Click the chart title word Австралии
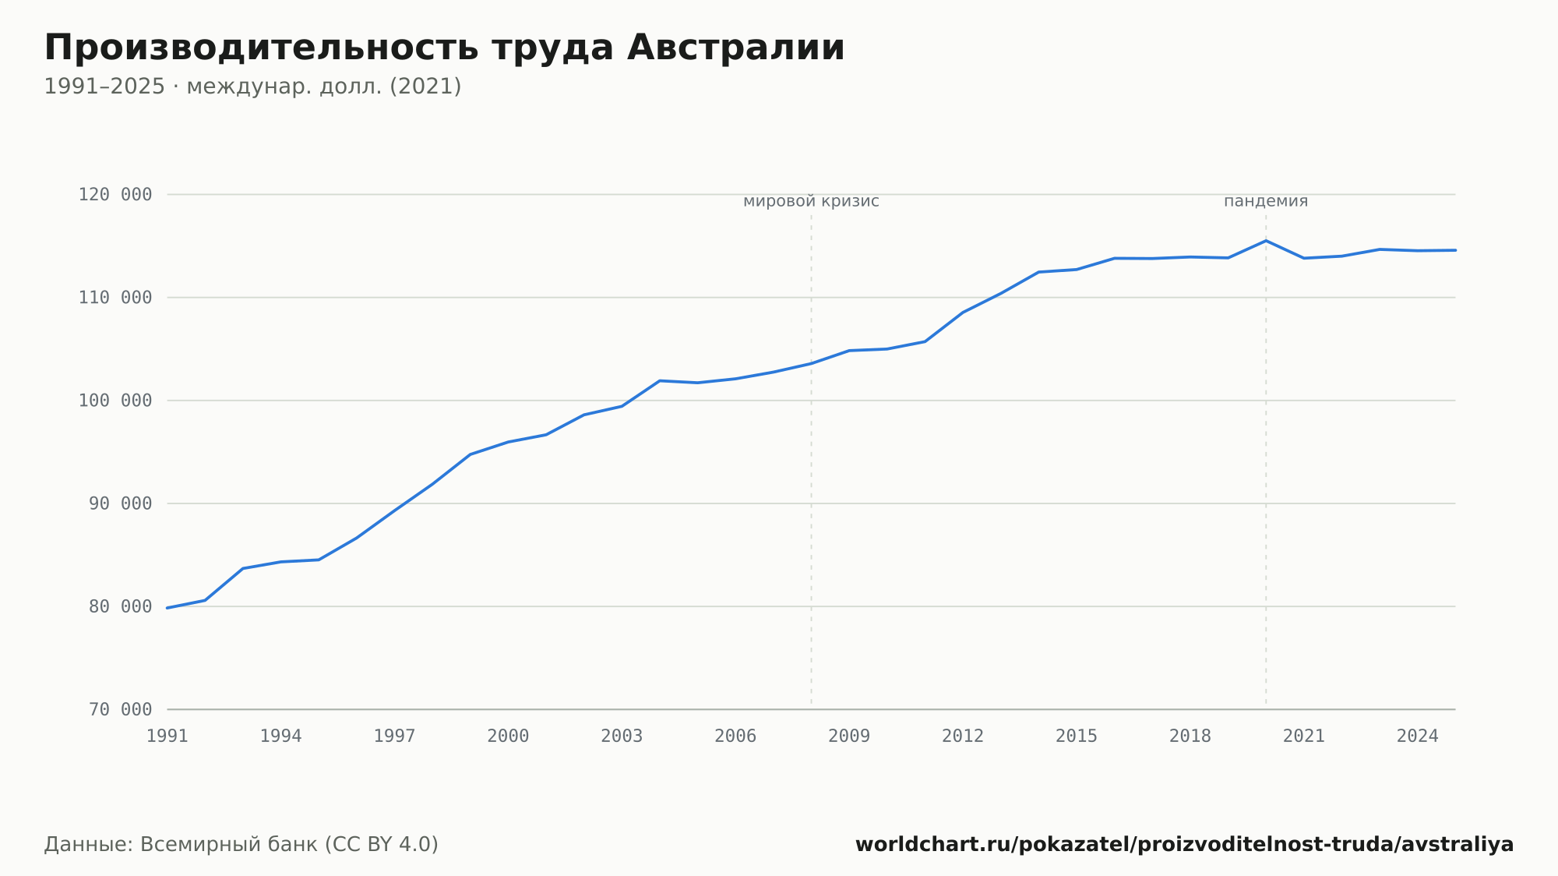735,48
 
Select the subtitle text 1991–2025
104,87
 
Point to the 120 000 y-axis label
115,195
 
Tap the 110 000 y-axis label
115,298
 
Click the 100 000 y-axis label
115,401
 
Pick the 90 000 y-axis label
121,503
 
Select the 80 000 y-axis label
121,606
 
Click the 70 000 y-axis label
121,709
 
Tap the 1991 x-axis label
167,736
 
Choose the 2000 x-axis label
508,736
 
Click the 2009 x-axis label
849,736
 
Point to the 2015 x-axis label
1077,736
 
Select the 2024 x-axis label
1418,736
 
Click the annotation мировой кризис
811,201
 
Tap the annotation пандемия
1266,201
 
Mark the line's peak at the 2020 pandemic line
1266,240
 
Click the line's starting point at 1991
167,608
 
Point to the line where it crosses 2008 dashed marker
811,363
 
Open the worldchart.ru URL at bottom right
1184,845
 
